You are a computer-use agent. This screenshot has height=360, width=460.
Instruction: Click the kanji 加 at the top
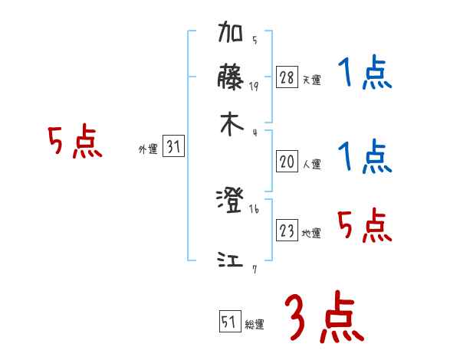tap(231, 35)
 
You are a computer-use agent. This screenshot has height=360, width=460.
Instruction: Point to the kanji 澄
tap(230, 201)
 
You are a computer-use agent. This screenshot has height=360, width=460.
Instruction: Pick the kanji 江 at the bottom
tap(230, 261)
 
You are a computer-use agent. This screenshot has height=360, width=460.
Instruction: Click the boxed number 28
tap(287, 77)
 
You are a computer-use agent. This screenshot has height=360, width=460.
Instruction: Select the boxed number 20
tap(287, 162)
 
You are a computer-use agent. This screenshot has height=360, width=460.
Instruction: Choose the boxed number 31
tap(173, 147)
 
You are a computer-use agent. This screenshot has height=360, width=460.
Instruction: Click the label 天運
tap(312, 80)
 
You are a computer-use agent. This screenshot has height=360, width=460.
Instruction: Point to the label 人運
tap(312, 164)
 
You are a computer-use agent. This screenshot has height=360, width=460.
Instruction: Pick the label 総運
tap(255, 325)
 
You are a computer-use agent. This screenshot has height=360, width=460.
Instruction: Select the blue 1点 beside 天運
tap(365, 74)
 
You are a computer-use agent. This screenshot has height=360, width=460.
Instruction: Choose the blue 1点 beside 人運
tap(365, 157)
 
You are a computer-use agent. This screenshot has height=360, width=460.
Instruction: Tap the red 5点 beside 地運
tap(365, 224)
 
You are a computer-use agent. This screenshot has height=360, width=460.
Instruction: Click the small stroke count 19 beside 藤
tap(254, 87)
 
